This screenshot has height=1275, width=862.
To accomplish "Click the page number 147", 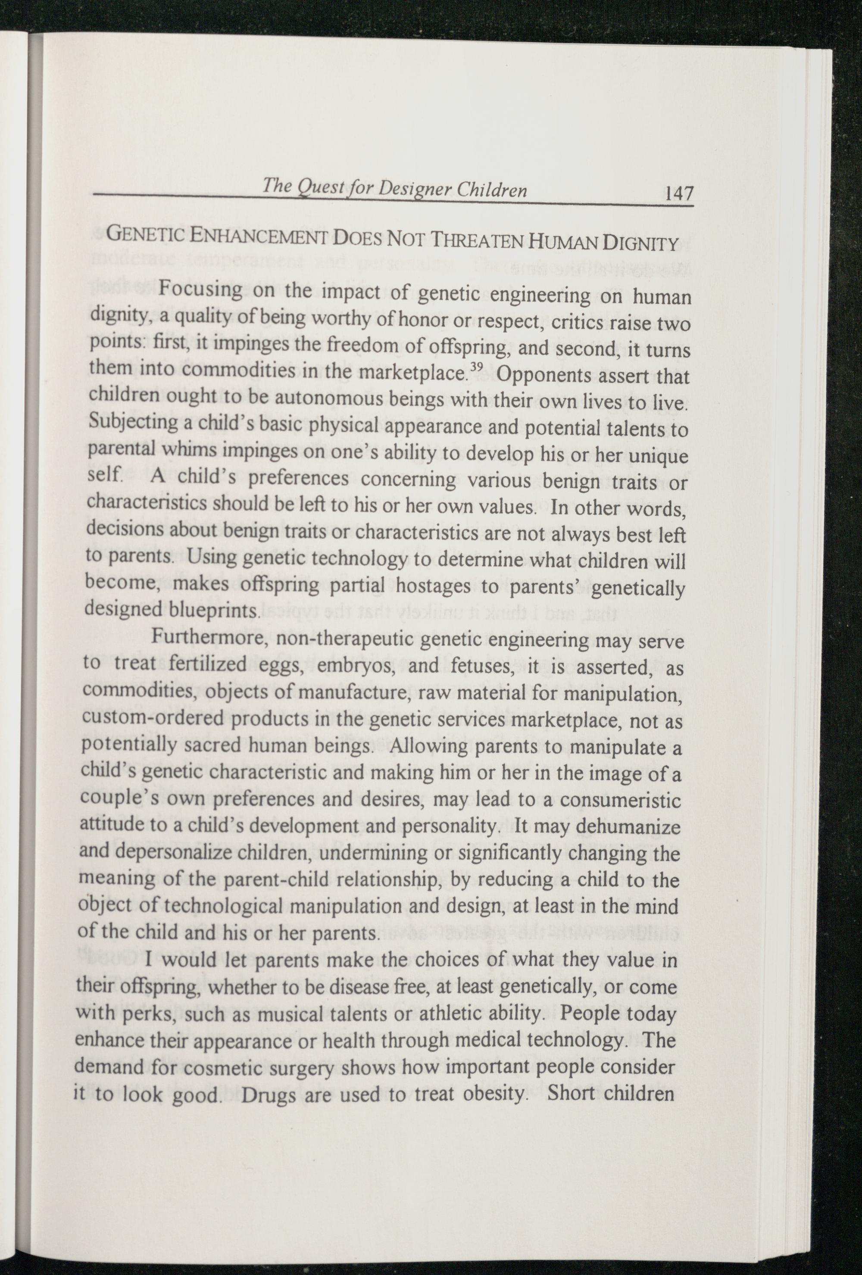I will (x=679, y=193).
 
